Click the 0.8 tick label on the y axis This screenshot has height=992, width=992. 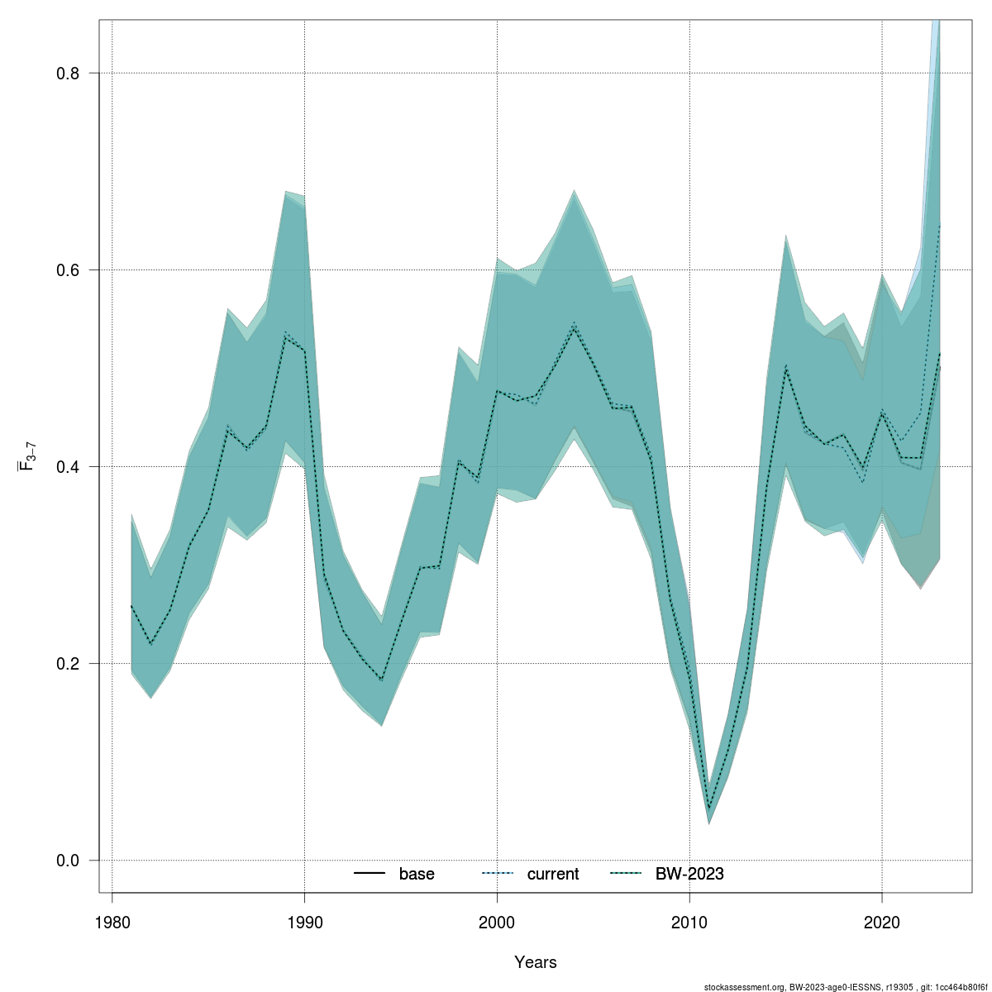point(67,74)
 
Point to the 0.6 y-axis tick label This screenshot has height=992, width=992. point(67,270)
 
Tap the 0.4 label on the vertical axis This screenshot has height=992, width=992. point(67,467)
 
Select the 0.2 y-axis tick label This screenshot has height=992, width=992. point(67,664)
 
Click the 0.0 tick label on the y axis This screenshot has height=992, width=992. point(67,861)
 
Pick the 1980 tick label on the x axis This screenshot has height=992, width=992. point(112,921)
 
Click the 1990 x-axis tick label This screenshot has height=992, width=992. point(304,921)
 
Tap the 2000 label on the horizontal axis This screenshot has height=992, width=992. point(497,921)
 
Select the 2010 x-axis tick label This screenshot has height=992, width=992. point(689,921)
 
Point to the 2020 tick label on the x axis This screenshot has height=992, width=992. point(882,921)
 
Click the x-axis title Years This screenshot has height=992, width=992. point(536,962)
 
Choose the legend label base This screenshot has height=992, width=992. point(417,874)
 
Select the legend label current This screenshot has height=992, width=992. point(553,874)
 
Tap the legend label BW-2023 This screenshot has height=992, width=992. point(689,874)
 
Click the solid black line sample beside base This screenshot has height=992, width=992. point(370,874)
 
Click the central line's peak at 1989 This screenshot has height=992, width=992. point(285,335)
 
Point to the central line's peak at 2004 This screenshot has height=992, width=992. point(574,326)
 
